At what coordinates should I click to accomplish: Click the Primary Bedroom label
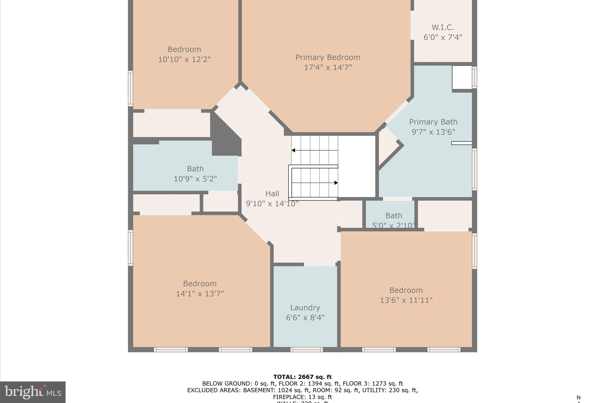[x=328, y=57]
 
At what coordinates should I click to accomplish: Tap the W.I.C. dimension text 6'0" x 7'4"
[x=443, y=37]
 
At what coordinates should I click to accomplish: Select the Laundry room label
[x=305, y=308]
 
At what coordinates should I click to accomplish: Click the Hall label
[x=272, y=194]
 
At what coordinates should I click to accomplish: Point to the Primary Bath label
[x=433, y=122]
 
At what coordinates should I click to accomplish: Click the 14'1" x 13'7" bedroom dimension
[x=200, y=294]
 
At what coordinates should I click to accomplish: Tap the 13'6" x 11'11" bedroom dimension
[x=406, y=300]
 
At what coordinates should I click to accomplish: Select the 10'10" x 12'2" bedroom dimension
[x=184, y=59]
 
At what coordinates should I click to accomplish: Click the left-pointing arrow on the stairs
[x=293, y=150]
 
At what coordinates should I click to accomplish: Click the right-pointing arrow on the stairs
[x=336, y=183]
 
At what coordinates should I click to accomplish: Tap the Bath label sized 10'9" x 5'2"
[x=195, y=169]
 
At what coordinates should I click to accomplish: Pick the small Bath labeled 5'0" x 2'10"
[x=393, y=216]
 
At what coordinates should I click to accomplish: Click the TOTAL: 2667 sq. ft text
[x=302, y=377]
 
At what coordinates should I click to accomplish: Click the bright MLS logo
[x=33, y=392]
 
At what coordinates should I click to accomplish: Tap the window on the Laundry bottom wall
[x=306, y=350]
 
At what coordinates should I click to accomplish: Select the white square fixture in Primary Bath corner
[x=462, y=77]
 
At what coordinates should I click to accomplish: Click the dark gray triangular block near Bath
[x=225, y=139]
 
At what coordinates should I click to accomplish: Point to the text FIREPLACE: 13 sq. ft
[x=302, y=397]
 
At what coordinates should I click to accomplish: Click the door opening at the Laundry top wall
[x=320, y=265]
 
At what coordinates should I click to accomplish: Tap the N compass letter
[x=578, y=397]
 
